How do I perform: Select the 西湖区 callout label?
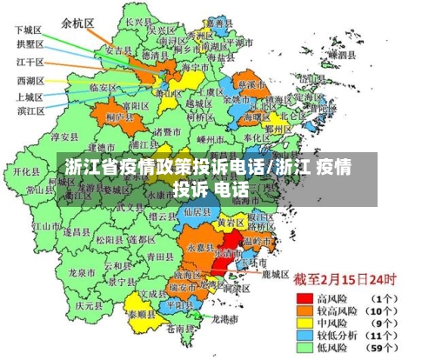[x=30, y=81]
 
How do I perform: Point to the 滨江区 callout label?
[x=30, y=110]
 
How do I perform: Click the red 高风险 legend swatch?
[x=305, y=297]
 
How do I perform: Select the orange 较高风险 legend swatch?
[x=305, y=309]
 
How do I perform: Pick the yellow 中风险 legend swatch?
[x=305, y=321]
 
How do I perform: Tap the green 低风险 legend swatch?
[x=305, y=346]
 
